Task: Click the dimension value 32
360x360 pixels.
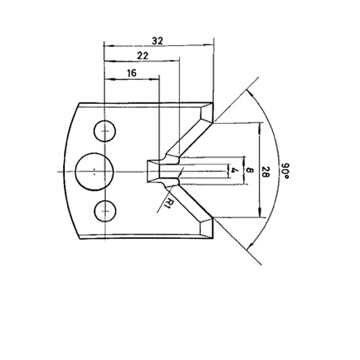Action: click(x=158, y=41)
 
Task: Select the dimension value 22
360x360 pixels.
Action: click(x=143, y=55)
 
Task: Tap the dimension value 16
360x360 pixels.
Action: click(x=132, y=73)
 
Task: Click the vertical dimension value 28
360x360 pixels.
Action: click(x=264, y=172)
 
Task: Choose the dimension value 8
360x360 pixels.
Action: click(x=250, y=171)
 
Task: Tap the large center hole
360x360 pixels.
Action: click(x=94, y=171)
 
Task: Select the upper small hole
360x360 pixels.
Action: click(x=104, y=131)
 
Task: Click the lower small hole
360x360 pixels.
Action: click(x=105, y=211)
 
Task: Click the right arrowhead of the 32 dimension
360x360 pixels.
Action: click(x=208, y=45)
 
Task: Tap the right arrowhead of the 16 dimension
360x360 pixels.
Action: click(x=154, y=78)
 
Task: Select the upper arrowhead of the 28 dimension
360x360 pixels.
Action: click(x=260, y=128)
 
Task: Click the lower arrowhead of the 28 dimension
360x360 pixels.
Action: click(x=260, y=212)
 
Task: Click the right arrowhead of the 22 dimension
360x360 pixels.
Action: click(x=174, y=61)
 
